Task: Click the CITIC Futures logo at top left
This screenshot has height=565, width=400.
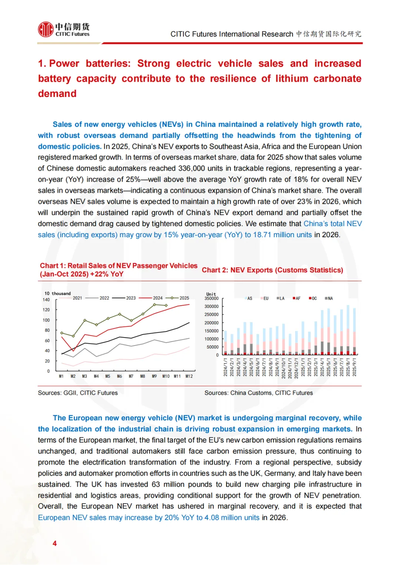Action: pyautogui.click(x=64, y=30)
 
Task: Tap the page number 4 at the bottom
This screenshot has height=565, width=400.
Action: pyautogui.click(x=55, y=543)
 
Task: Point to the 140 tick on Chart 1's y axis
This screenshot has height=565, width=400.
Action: pyautogui.click(x=46, y=300)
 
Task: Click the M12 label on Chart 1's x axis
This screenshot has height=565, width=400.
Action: pyautogui.click(x=189, y=376)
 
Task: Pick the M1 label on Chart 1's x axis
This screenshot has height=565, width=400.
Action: pyautogui.click(x=61, y=376)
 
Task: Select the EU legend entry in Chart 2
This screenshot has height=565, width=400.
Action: pyautogui.click(x=266, y=298)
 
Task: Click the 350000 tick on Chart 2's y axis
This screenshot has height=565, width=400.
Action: pyautogui.click(x=211, y=298)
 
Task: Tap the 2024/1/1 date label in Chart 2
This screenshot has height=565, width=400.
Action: pyautogui.click(x=226, y=367)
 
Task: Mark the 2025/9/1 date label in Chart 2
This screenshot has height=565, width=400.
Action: pyautogui.click(x=354, y=367)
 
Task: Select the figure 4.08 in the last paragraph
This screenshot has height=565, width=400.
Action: pyautogui.click(x=211, y=518)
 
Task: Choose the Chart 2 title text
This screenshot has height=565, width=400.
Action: pyautogui.click(x=272, y=270)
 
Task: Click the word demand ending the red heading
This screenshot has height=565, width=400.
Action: pyautogui.click(x=57, y=94)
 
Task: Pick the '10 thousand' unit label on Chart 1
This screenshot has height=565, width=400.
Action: pyautogui.click(x=57, y=293)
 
